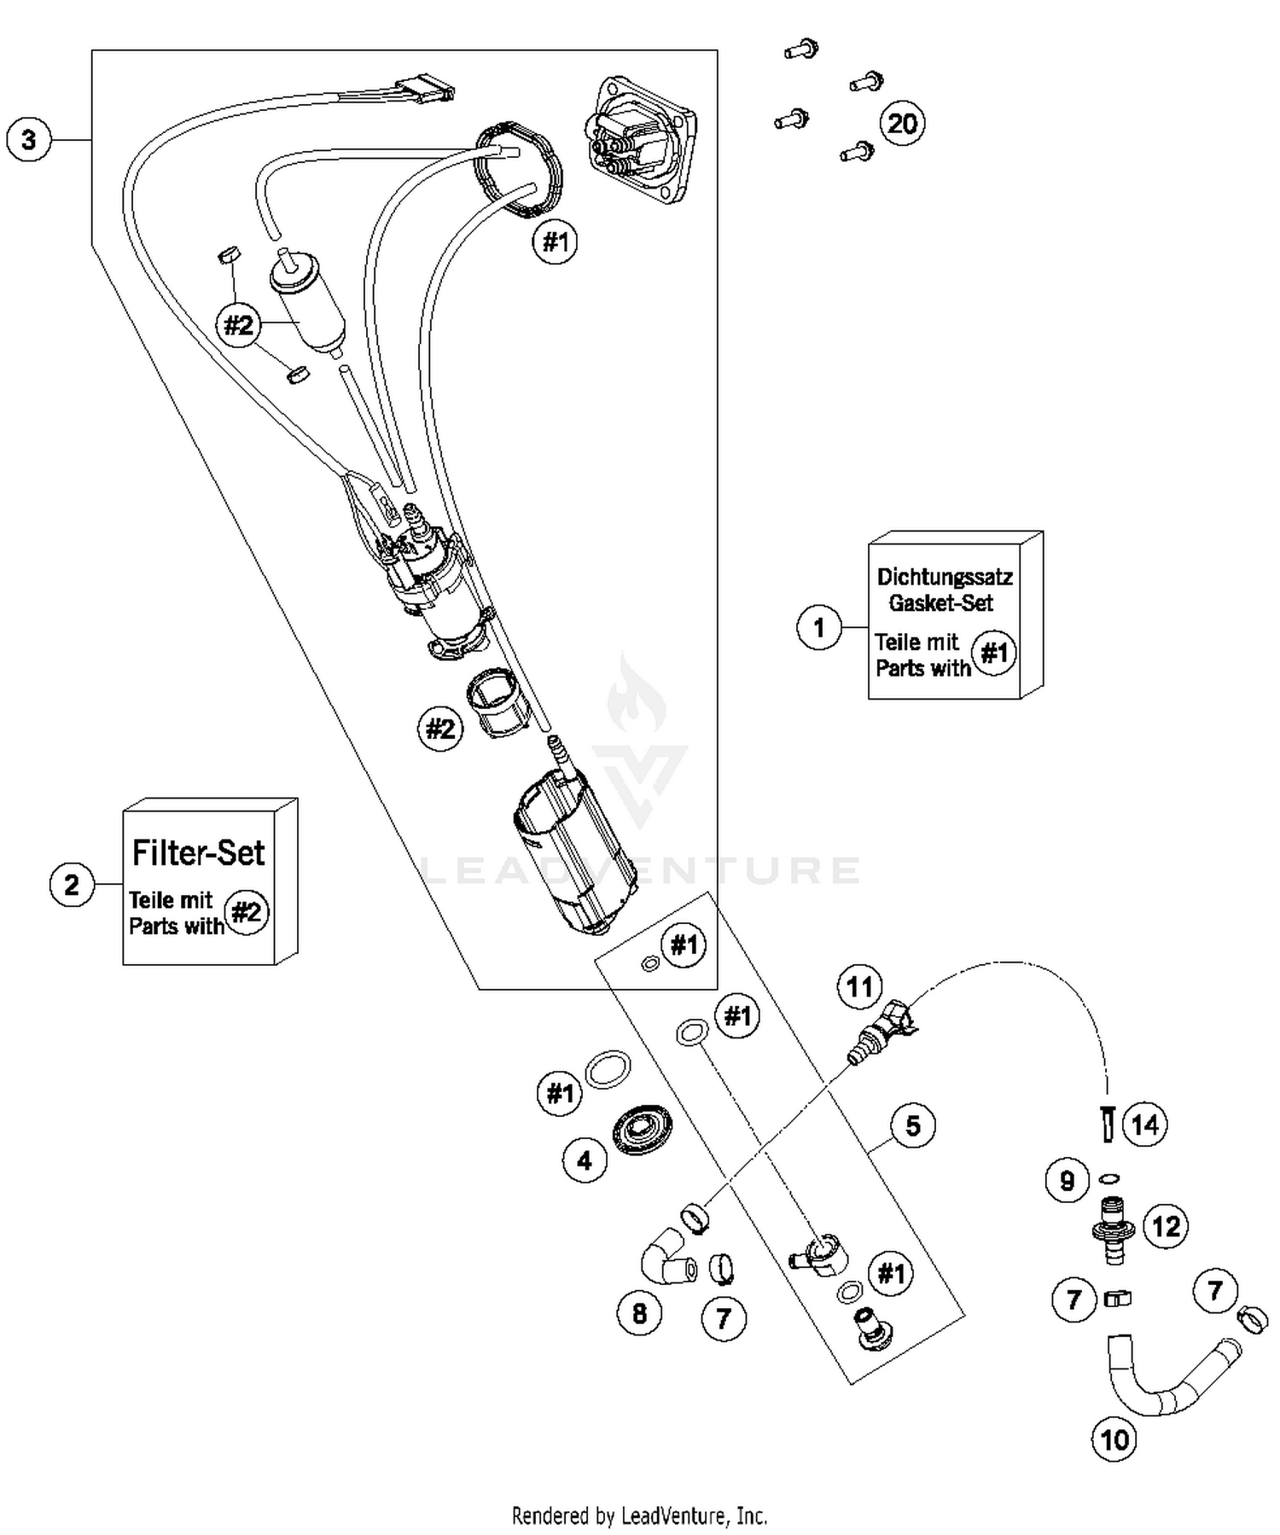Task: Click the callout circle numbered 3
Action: [x=28, y=139]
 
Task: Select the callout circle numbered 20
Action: [x=902, y=124]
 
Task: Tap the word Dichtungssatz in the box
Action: [x=945, y=576]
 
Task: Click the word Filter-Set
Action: [x=198, y=852]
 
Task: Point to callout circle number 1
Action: [x=818, y=627]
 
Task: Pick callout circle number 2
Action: [x=72, y=884]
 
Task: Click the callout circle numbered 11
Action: [x=858, y=986]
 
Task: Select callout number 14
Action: [x=1144, y=1125]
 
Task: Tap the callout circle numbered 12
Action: [x=1165, y=1227]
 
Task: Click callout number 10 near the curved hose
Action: [x=1114, y=1440]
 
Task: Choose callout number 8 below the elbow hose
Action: [x=639, y=1313]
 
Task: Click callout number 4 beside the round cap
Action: [x=585, y=1160]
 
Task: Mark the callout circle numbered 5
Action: [x=912, y=1126]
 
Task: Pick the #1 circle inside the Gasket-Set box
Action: [x=994, y=654]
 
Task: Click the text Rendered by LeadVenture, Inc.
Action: [x=639, y=1516]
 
